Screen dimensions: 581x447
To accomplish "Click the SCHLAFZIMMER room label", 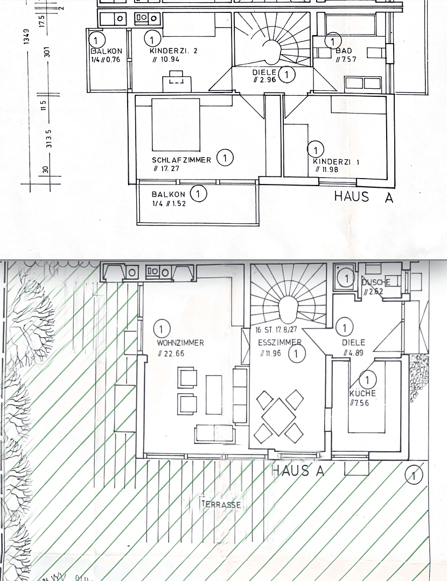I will click(181, 160).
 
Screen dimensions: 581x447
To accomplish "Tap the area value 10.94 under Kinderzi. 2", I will click(167, 59).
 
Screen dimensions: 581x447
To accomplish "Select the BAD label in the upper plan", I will click(343, 51).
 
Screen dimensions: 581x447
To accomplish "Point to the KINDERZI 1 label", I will click(337, 161).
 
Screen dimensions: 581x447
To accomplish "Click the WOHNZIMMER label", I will click(180, 343).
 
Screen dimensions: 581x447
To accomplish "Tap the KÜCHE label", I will click(362, 393).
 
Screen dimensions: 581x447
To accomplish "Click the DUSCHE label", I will click(375, 282).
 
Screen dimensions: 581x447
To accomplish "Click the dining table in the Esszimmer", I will click(280, 416).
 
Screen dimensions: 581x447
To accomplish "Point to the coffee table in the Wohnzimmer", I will click(214, 394).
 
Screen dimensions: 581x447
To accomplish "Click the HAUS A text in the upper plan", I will click(364, 196).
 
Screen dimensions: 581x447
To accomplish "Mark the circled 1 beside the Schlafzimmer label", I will click(225, 158).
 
